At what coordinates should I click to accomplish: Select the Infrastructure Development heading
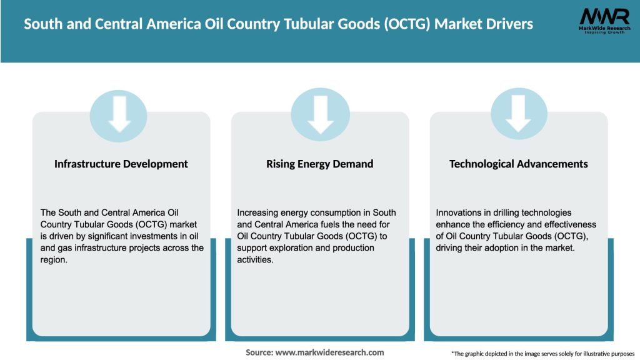[x=121, y=164]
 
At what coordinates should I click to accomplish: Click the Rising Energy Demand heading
[x=319, y=164]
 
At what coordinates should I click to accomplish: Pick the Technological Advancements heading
[x=519, y=164]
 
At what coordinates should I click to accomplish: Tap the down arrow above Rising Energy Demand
[x=320, y=113]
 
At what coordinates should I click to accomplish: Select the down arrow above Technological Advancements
[x=518, y=113]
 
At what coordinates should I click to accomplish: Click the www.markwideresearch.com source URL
[x=330, y=352]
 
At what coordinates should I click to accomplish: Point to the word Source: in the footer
[x=259, y=352]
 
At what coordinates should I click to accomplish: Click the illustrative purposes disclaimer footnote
[x=542, y=354]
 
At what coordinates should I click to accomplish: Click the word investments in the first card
[x=137, y=236]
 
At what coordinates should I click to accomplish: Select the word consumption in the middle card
[x=319, y=212]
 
